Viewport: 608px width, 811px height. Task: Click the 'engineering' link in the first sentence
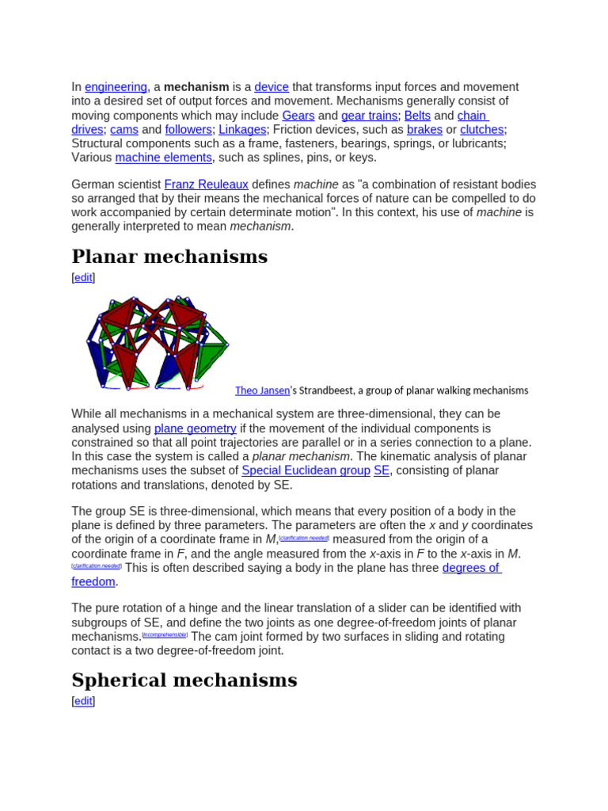click(116, 87)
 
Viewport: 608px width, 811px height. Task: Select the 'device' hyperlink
click(272, 87)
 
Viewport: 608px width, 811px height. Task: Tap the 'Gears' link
click(298, 116)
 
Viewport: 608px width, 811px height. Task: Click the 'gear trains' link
click(369, 116)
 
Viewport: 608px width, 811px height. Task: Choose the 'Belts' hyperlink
click(417, 116)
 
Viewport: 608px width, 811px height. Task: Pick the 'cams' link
click(123, 130)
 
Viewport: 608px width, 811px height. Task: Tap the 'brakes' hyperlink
click(424, 130)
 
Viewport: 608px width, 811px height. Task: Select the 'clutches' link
click(482, 130)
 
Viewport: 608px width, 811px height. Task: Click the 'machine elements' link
click(164, 158)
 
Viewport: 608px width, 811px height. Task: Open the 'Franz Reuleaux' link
click(207, 185)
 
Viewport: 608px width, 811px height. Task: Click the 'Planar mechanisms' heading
click(169, 257)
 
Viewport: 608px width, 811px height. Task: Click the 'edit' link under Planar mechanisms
click(83, 278)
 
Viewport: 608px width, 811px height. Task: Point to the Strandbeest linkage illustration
click(156, 343)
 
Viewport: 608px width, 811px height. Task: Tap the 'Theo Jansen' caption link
click(262, 390)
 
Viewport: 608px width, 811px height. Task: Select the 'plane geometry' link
click(195, 428)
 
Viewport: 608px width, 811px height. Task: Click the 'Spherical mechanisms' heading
click(184, 680)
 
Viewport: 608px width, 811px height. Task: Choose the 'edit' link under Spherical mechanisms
click(83, 702)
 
